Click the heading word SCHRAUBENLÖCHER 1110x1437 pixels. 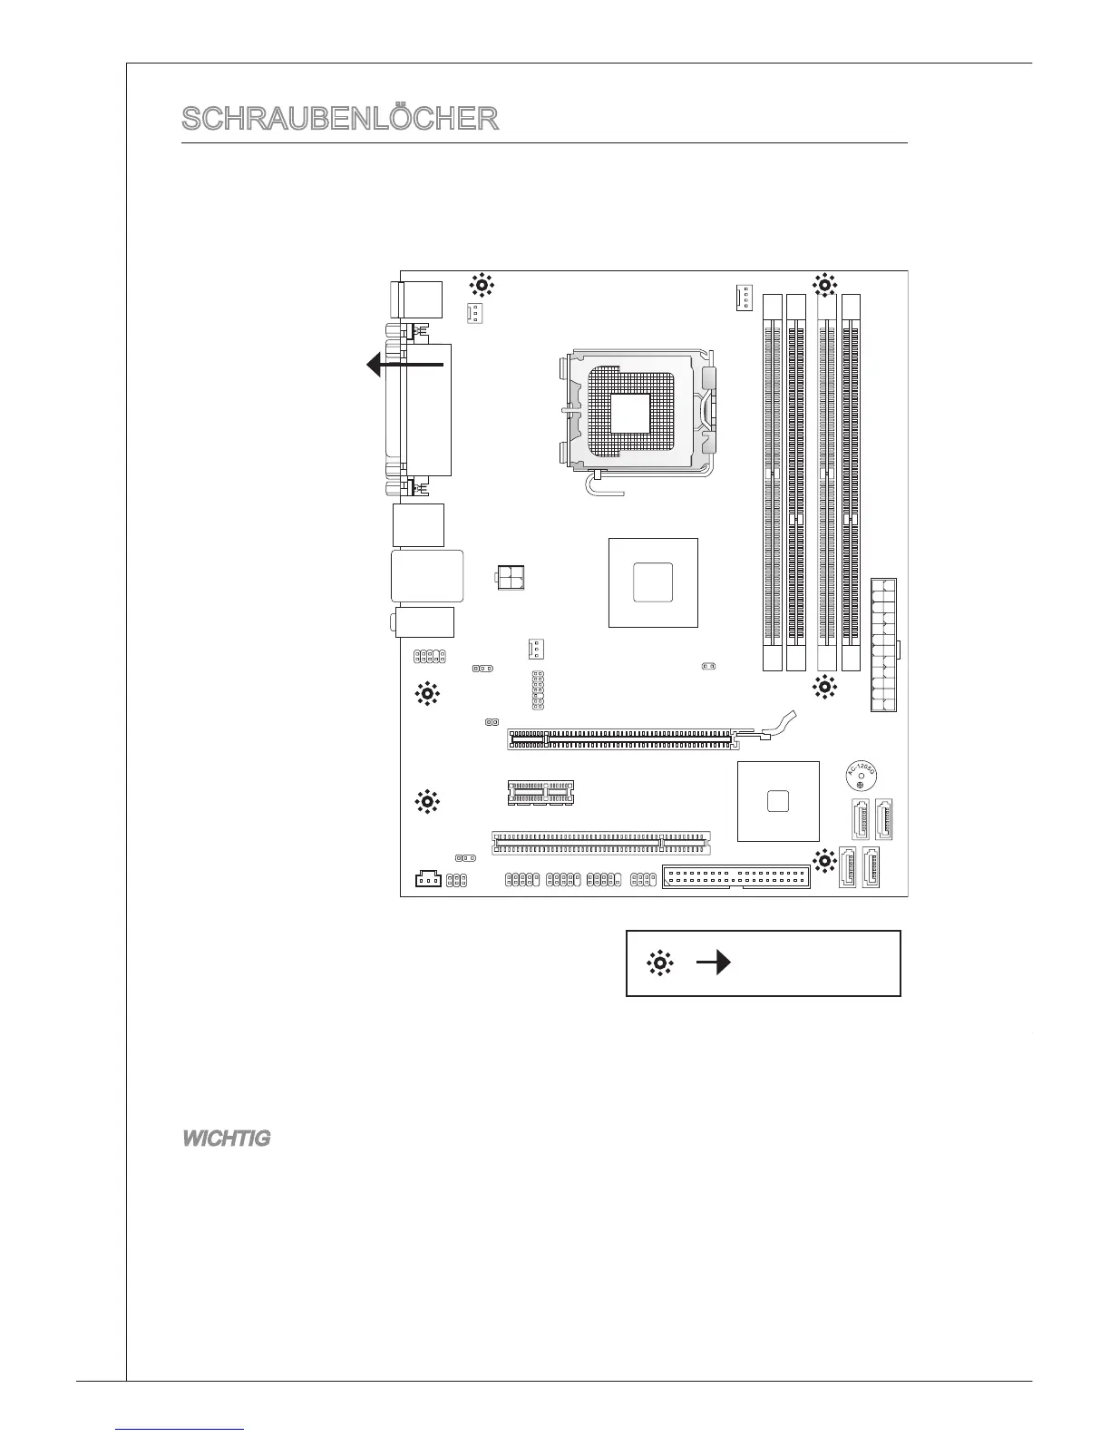(x=340, y=119)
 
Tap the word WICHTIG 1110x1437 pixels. (x=227, y=1139)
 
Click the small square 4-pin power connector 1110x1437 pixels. (x=512, y=577)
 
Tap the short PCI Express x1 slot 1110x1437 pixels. (x=540, y=793)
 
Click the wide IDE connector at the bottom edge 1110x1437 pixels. (x=735, y=878)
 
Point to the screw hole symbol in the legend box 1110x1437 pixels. (x=659, y=963)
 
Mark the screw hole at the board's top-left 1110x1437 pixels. (x=482, y=286)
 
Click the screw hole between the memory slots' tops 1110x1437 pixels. (x=824, y=285)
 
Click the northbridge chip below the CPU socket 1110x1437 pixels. (x=653, y=582)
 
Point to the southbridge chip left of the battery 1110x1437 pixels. (x=778, y=801)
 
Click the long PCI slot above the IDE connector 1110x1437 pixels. (x=601, y=843)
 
